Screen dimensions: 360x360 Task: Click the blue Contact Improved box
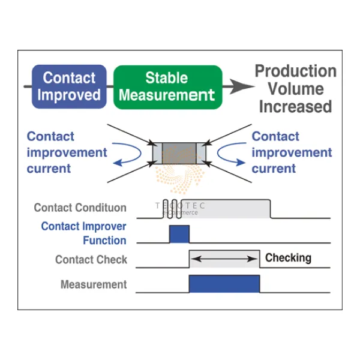pos(69,86)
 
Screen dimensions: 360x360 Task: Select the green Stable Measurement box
pos(167,86)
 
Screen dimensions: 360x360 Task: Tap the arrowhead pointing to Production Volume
pos(242,86)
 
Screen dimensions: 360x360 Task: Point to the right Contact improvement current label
pos(292,152)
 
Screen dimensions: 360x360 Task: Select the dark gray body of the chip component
pos(179,153)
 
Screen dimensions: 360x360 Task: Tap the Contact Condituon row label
pos(80,208)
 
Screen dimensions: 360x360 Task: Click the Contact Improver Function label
pos(83,233)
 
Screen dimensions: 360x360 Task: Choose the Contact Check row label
pos(91,260)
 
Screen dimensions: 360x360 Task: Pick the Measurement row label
pos(94,284)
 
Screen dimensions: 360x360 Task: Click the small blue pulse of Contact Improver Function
pos(179,234)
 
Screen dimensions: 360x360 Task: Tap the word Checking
pos(288,258)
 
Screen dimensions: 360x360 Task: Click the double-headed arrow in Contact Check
pos(224,259)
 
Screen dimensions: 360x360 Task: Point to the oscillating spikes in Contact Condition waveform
pos(170,208)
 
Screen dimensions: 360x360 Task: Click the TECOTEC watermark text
pos(180,206)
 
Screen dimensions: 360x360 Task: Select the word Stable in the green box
pos(166,78)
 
